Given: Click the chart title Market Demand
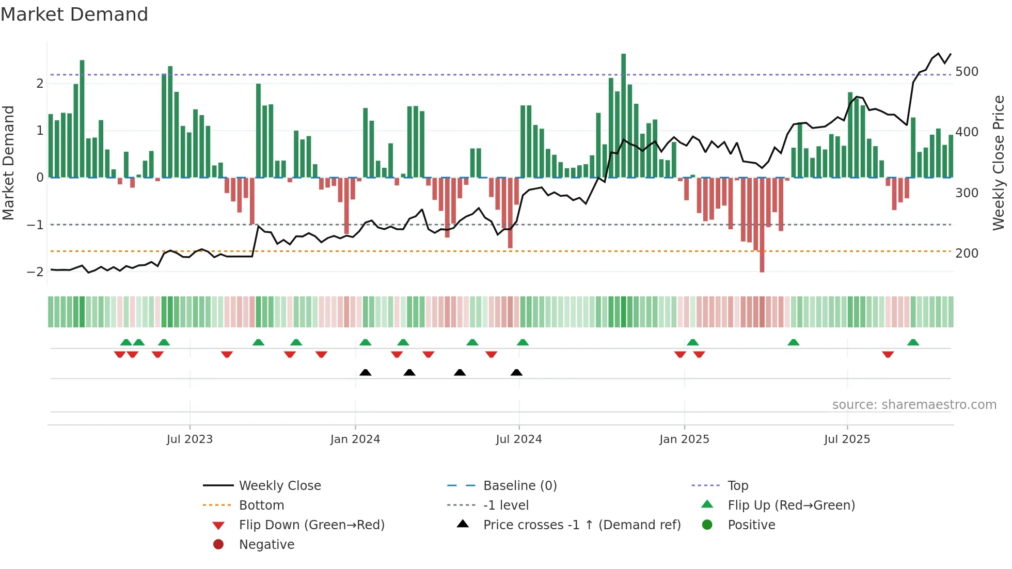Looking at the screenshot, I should (x=74, y=14).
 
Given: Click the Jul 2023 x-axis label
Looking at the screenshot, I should (x=189, y=439).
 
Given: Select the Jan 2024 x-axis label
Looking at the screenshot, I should (x=355, y=439).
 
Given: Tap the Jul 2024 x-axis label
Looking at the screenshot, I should (x=519, y=439).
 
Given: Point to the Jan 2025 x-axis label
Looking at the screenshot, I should (x=684, y=439).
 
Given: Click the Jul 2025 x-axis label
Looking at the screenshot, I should (x=847, y=439).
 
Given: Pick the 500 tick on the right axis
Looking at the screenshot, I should (x=967, y=72).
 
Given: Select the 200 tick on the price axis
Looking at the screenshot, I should (x=967, y=254).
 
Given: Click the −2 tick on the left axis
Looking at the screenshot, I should (x=36, y=272).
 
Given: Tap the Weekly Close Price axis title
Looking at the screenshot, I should (x=999, y=163).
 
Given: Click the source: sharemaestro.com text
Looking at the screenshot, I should (x=914, y=405).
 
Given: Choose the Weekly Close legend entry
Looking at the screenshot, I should (x=279, y=486).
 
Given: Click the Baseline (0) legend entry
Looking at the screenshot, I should (x=519, y=486).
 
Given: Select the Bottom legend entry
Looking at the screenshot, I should (x=261, y=505).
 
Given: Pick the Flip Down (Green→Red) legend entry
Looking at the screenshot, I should (x=311, y=525).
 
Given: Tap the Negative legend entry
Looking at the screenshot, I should (x=266, y=545).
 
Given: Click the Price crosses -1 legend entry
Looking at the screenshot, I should (x=581, y=525).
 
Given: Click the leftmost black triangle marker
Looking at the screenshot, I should (x=366, y=372).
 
